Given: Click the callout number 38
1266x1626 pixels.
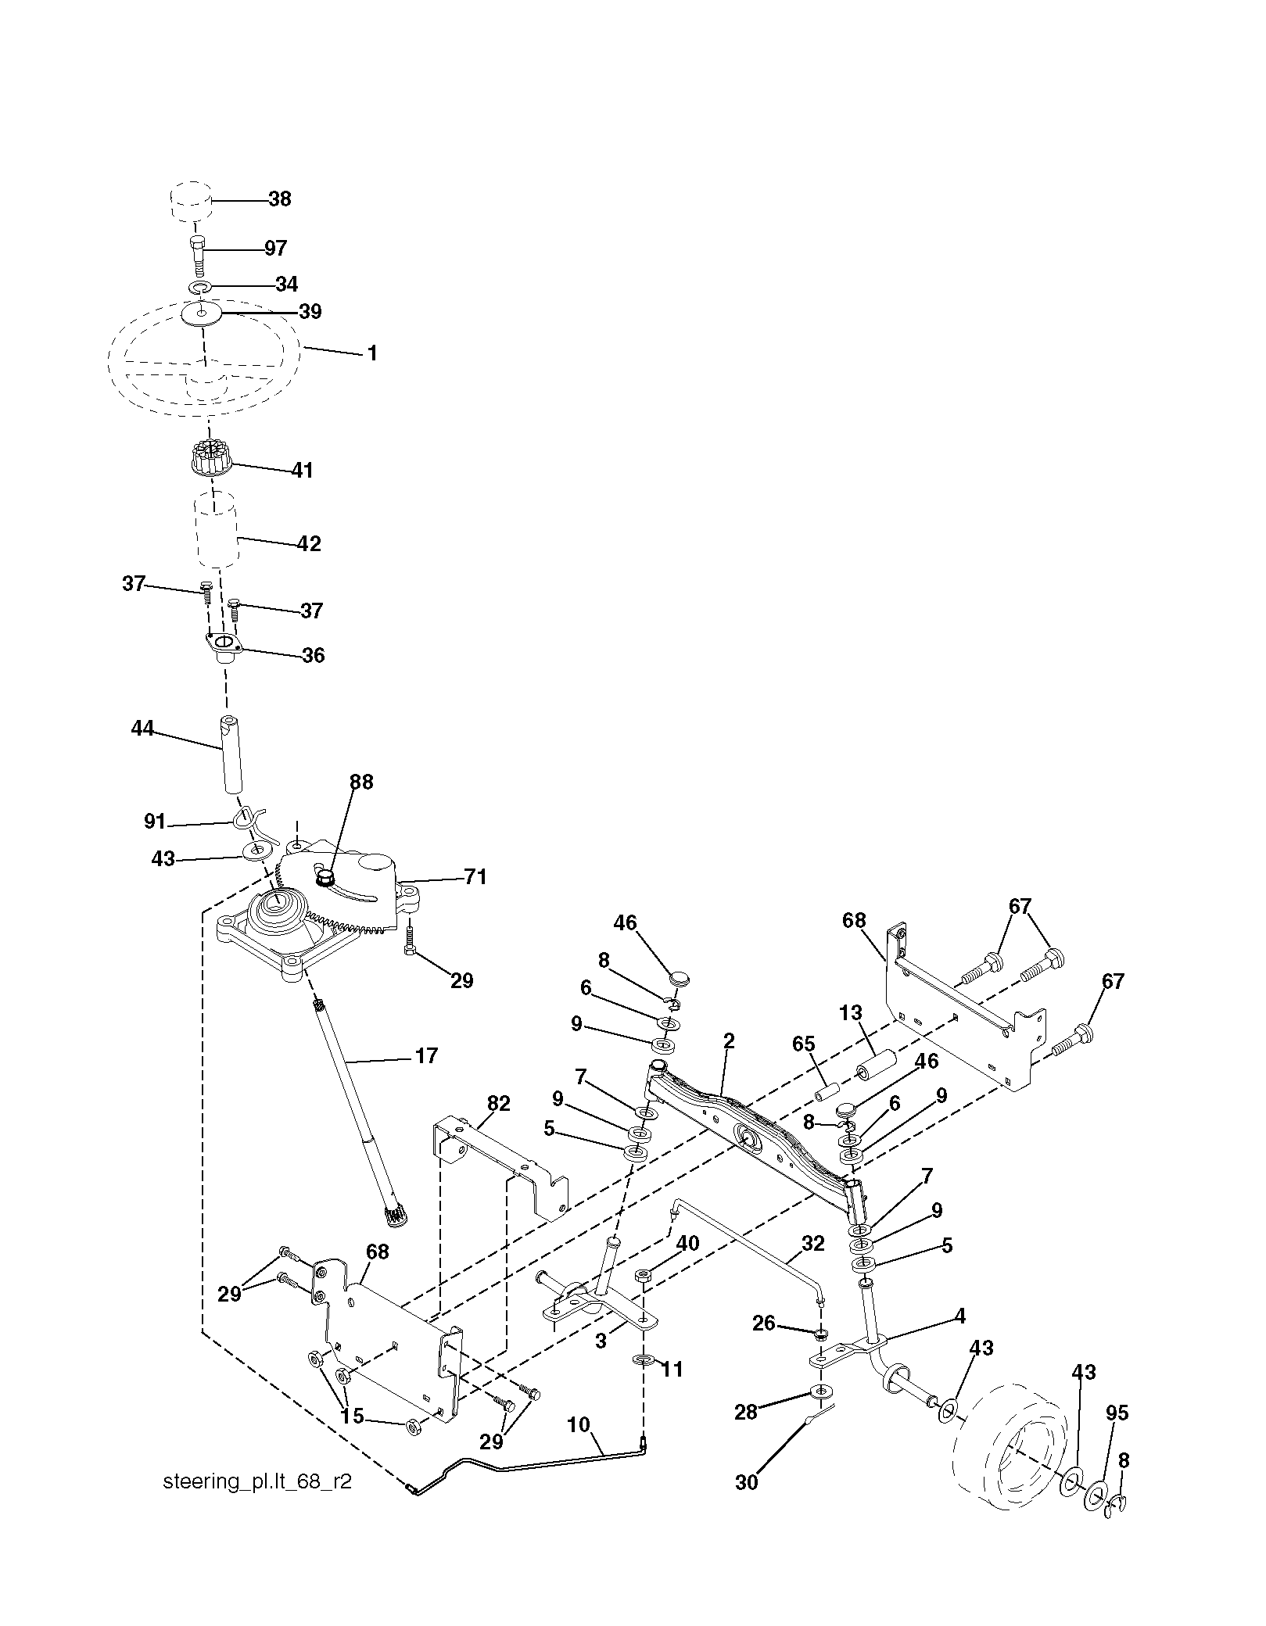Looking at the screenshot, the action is point(279,199).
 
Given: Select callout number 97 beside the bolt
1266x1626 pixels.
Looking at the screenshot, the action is point(275,249).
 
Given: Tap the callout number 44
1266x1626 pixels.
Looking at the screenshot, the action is point(142,729).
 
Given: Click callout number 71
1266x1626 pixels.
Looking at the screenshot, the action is point(475,878).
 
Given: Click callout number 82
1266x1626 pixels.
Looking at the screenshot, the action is point(498,1103).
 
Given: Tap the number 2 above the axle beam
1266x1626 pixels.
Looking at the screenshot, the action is point(729,1040).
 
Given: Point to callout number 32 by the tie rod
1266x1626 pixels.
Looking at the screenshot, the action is point(813,1243).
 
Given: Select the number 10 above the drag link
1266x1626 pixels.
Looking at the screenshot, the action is point(579,1424).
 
